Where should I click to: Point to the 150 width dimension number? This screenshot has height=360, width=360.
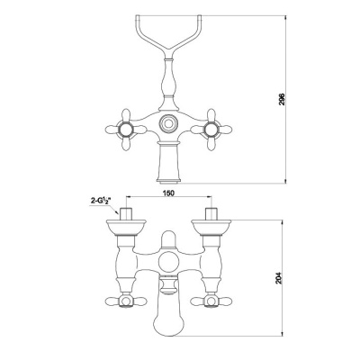[167, 192]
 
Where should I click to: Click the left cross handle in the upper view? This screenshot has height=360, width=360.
[119, 126]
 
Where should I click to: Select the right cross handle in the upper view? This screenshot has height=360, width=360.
[215, 126]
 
